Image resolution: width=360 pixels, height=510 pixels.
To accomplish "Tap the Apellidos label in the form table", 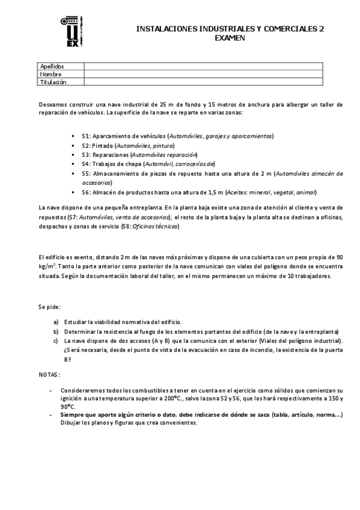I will click(x=52, y=66).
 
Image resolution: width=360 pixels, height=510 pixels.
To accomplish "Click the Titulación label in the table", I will click(x=53, y=82).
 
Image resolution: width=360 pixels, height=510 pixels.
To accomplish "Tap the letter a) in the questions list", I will click(x=56, y=322).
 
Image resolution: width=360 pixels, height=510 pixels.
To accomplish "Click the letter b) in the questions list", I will click(x=56, y=331).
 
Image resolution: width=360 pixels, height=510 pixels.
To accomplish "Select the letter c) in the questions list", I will click(x=56, y=340).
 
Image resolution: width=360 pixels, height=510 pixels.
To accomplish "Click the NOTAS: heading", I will click(x=49, y=374).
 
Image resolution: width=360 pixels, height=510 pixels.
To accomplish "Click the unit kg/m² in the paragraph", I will click(x=45, y=265).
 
